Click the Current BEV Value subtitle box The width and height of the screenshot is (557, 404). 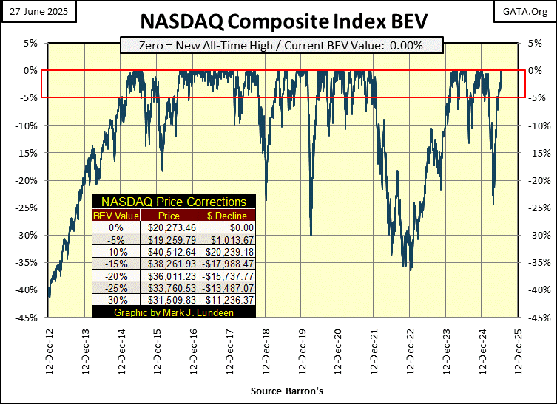point(281,45)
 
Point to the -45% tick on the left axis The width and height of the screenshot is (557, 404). point(28,318)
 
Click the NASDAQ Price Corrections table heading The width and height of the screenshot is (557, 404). point(174,201)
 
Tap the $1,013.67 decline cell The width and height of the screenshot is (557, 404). point(227,240)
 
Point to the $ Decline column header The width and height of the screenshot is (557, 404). point(227,215)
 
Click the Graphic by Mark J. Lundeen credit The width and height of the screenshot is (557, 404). point(174,312)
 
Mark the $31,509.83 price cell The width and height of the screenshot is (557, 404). point(172,299)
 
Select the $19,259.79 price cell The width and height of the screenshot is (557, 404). point(172,240)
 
